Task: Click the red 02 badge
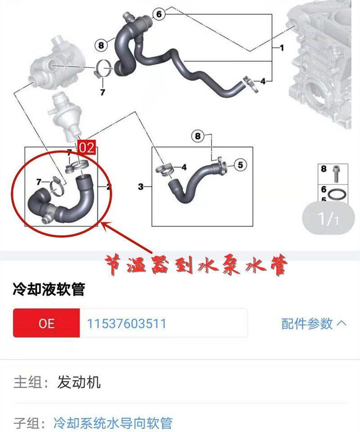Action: [x=87, y=148]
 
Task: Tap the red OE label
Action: [x=46, y=323]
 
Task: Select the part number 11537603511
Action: [x=126, y=323]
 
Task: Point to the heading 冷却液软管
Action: [x=49, y=290]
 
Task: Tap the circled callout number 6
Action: [x=158, y=14]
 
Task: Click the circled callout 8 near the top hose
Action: [x=101, y=45]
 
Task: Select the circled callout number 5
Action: [x=240, y=165]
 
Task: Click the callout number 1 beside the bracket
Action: [x=282, y=47]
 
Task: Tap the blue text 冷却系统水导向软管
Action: [x=112, y=423]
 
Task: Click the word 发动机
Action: [x=79, y=382]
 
